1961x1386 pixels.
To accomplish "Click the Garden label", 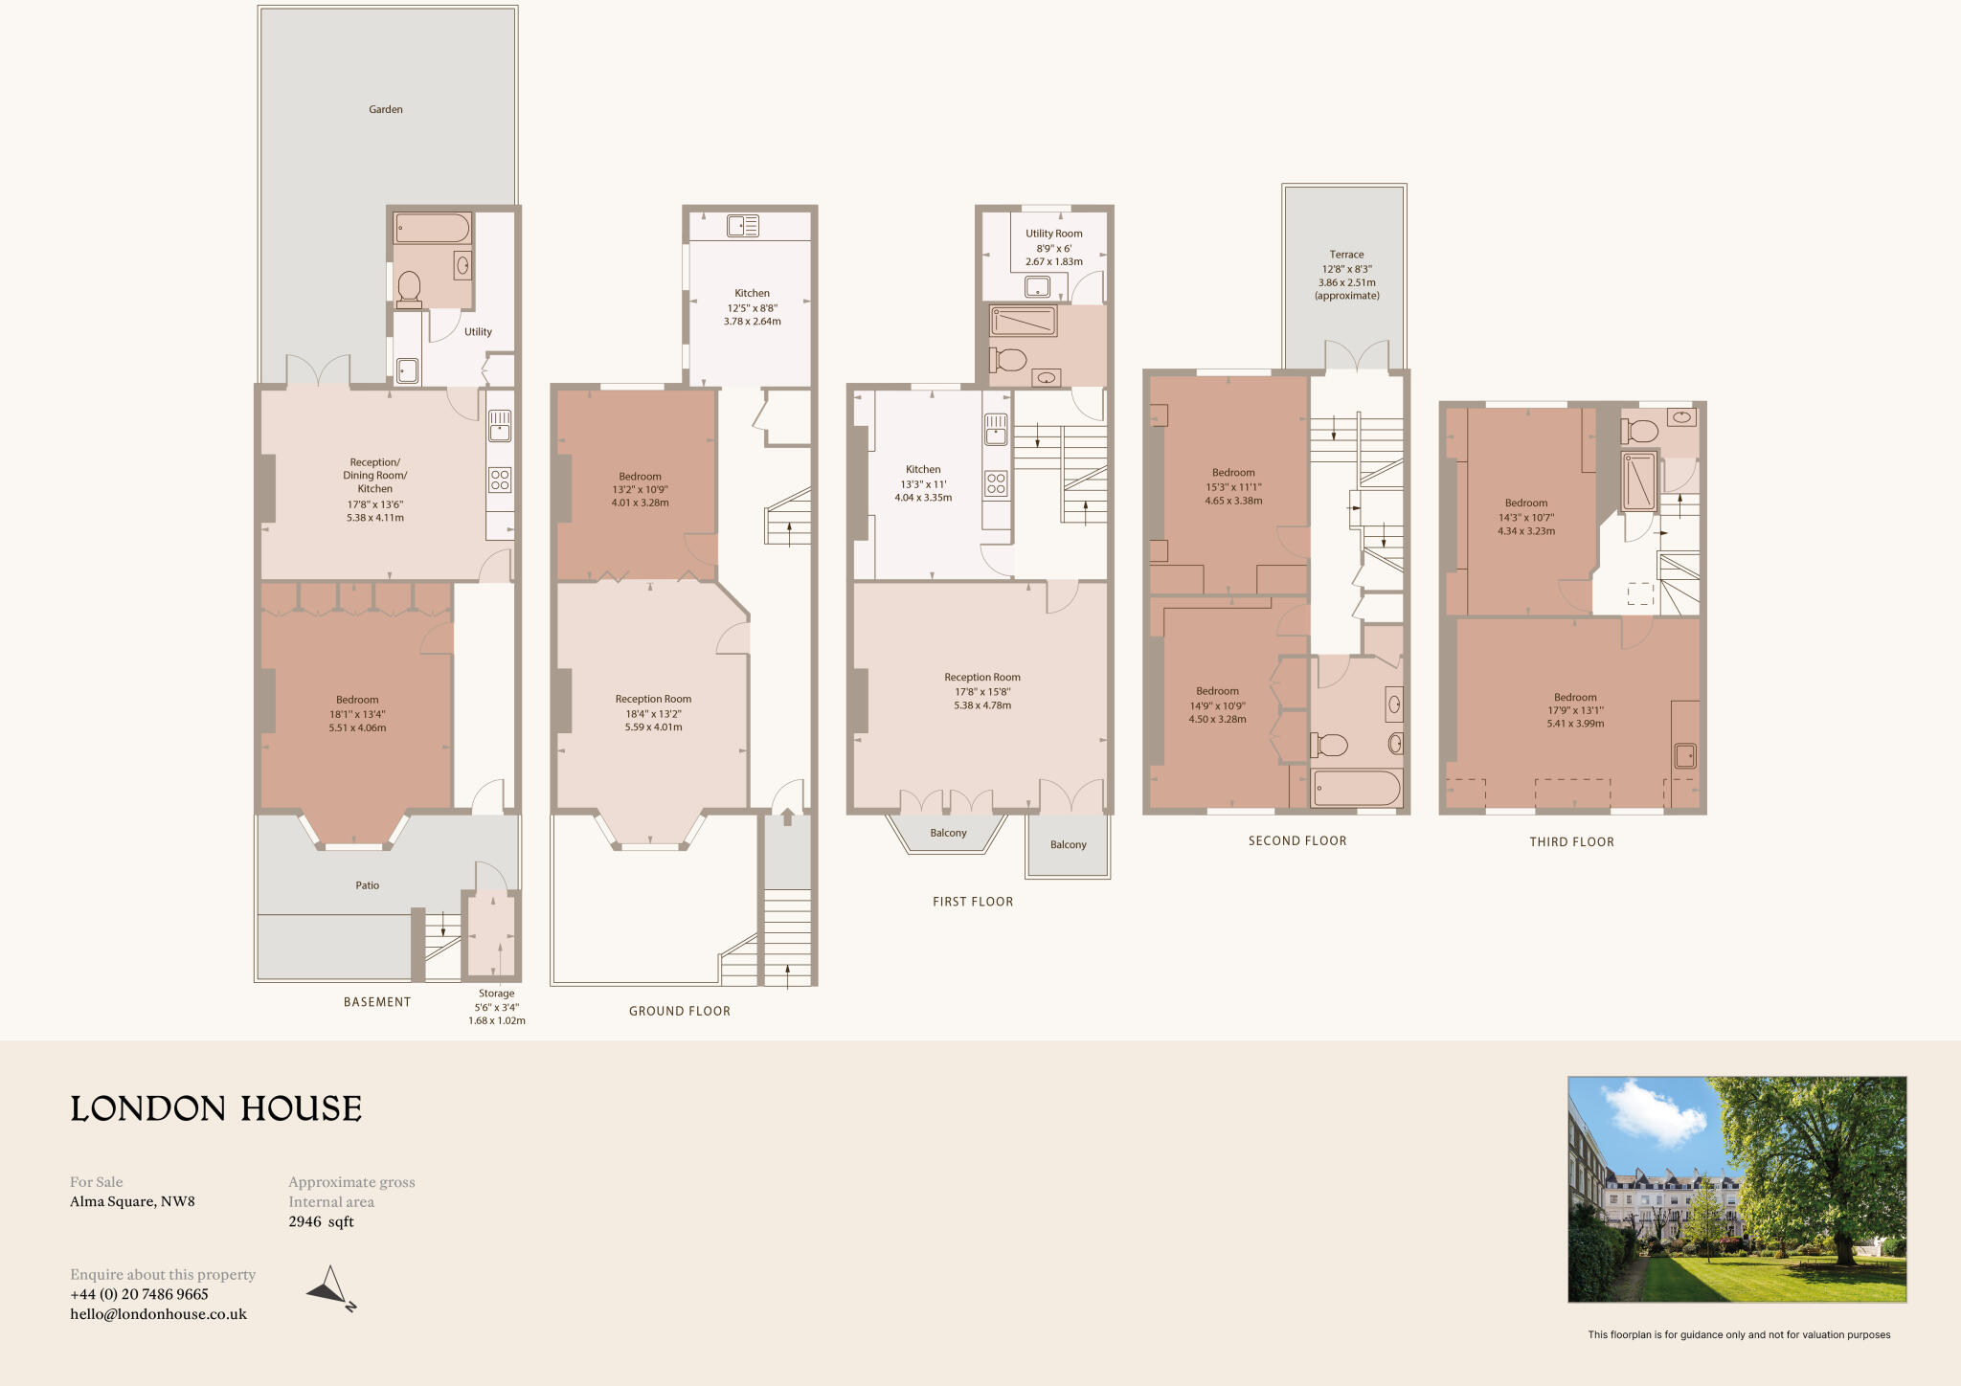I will (x=386, y=109).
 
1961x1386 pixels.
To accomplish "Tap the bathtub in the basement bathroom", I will (x=433, y=229).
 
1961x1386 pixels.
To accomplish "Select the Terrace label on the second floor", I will (x=1346, y=255).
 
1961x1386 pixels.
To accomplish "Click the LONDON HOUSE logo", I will (x=216, y=1108).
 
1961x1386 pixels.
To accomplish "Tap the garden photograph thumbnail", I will (x=1736, y=1189).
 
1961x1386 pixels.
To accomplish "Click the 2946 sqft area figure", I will (x=321, y=1221).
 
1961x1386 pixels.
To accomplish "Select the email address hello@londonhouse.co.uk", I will (x=158, y=1314).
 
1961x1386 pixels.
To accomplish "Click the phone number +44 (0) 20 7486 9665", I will (x=139, y=1294).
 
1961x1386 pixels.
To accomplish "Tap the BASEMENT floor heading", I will (x=377, y=1002).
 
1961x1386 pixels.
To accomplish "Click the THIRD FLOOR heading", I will (x=1571, y=842).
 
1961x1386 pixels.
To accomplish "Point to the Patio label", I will (x=368, y=885).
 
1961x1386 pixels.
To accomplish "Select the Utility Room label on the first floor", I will (x=1053, y=234).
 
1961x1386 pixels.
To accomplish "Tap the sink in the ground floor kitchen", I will (x=742, y=226).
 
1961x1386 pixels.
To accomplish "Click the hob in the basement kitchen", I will (x=500, y=480).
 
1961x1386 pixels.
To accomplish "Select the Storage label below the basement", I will (x=496, y=994).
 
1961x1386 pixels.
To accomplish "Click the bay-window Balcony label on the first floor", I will (x=948, y=833).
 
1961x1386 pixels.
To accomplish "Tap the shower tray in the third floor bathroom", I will (x=1638, y=481).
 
